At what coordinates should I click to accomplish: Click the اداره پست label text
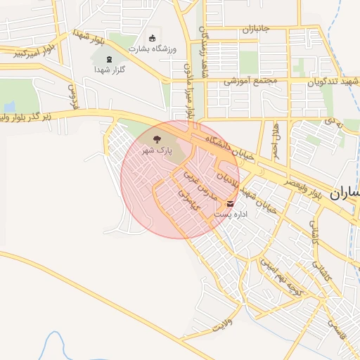pyautogui.click(x=231, y=213)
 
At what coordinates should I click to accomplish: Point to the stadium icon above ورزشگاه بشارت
pyautogui.click(x=153, y=37)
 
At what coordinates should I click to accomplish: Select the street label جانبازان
pyautogui.click(x=257, y=30)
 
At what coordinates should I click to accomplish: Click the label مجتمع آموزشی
pyautogui.click(x=251, y=81)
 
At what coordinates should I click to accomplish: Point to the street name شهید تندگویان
pyautogui.click(x=334, y=81)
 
